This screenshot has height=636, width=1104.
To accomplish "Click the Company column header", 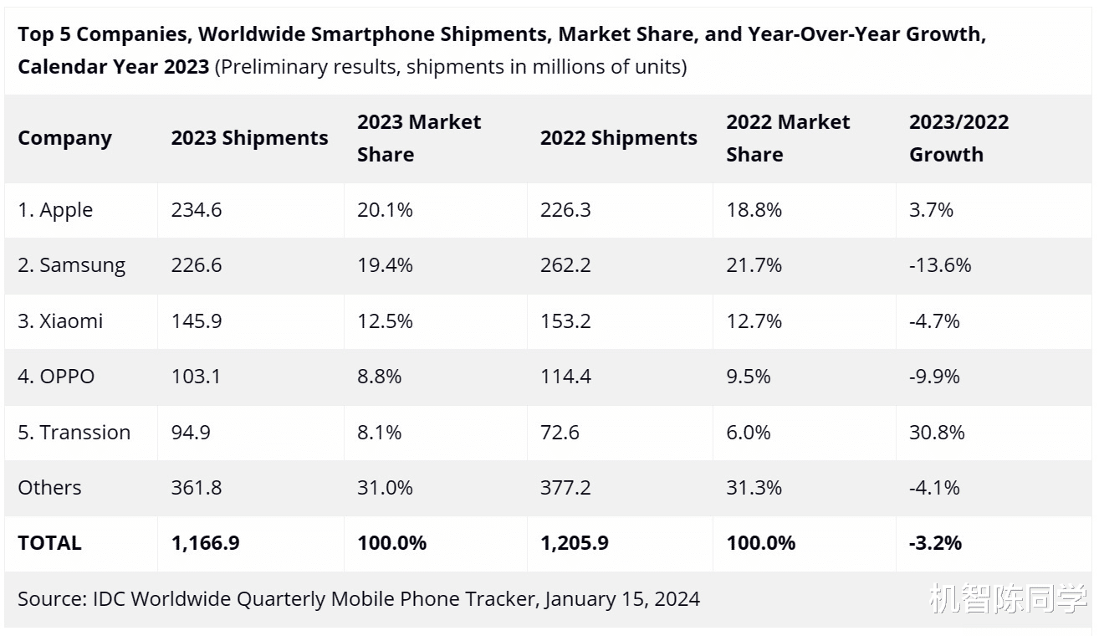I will click(x=64, y=138).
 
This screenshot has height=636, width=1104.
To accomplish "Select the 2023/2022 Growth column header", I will click(x=958, y=138).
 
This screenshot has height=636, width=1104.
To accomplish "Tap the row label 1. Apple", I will click(x=55, y=210).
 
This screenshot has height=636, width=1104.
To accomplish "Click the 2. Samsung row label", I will click(x=71, y=265).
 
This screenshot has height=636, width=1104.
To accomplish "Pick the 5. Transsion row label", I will click(x=74, y=433).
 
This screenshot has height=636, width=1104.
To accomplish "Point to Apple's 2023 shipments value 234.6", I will click(x=197, y=210).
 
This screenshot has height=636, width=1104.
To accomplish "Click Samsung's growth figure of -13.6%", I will click(x=940, y=265).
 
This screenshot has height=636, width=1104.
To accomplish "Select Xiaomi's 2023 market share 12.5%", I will click(x=385, y=321).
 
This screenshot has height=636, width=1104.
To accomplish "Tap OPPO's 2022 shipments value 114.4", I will click(x=565, y=377).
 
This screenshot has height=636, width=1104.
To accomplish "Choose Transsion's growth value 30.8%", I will click(x=937, y=433).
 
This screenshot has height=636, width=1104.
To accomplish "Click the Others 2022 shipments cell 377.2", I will click(x=565, y=488).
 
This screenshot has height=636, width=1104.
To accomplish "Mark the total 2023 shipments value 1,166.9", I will click(x=205, y=543).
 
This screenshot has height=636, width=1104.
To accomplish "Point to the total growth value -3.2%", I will click(x=935, y=543).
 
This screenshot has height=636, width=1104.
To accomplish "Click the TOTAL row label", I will click(x=49, y=543).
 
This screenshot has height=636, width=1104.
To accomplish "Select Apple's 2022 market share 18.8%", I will click(x=754, y=210).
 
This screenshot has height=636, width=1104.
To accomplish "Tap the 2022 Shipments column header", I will click(x=618, y=138).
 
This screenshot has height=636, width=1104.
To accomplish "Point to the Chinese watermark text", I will click(x=1008, y=599).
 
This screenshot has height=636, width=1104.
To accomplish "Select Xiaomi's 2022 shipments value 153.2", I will click(x=565, y=321).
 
